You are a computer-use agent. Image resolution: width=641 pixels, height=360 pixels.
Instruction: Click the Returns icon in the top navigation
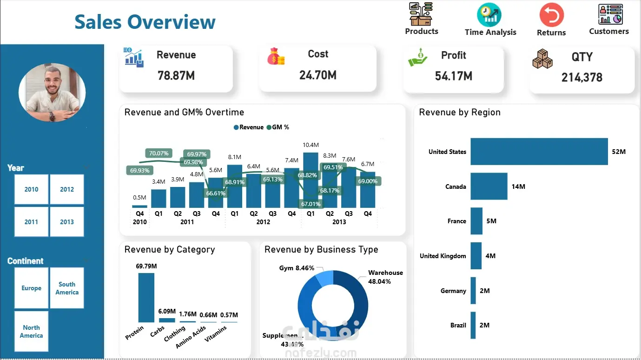(551, 15)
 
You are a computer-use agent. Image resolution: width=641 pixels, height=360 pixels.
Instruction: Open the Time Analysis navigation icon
(489, 15)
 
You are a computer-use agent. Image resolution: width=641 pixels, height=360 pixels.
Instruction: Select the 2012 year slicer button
(67, 189)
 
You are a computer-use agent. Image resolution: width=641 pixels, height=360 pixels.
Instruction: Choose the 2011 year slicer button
(31, 222)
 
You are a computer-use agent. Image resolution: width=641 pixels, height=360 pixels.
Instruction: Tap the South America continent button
(67, 288)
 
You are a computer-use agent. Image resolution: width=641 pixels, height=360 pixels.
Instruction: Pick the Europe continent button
(31, 288)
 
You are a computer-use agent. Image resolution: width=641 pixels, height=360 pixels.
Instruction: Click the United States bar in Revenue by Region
(539, 152)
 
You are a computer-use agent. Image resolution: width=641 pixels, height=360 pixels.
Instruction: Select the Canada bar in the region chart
(489, 187)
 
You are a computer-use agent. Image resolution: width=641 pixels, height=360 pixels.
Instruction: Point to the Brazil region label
(458, 325)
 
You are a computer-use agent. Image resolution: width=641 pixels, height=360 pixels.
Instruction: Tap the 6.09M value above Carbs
(167, 311)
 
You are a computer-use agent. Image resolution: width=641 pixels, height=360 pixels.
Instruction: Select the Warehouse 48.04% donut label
(385, 277)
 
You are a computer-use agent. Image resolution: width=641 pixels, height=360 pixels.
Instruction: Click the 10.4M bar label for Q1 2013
(311, 145)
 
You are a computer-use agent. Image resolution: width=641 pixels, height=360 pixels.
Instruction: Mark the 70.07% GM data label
(159, 153)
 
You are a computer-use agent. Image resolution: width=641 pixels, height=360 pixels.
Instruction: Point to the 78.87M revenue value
(176, 75)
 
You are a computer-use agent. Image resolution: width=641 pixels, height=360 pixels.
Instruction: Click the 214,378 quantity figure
(582, 77)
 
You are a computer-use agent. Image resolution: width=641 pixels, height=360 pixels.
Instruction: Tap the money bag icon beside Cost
(276, 57)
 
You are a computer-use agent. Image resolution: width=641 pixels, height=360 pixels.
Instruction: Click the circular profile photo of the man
(52, 93)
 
